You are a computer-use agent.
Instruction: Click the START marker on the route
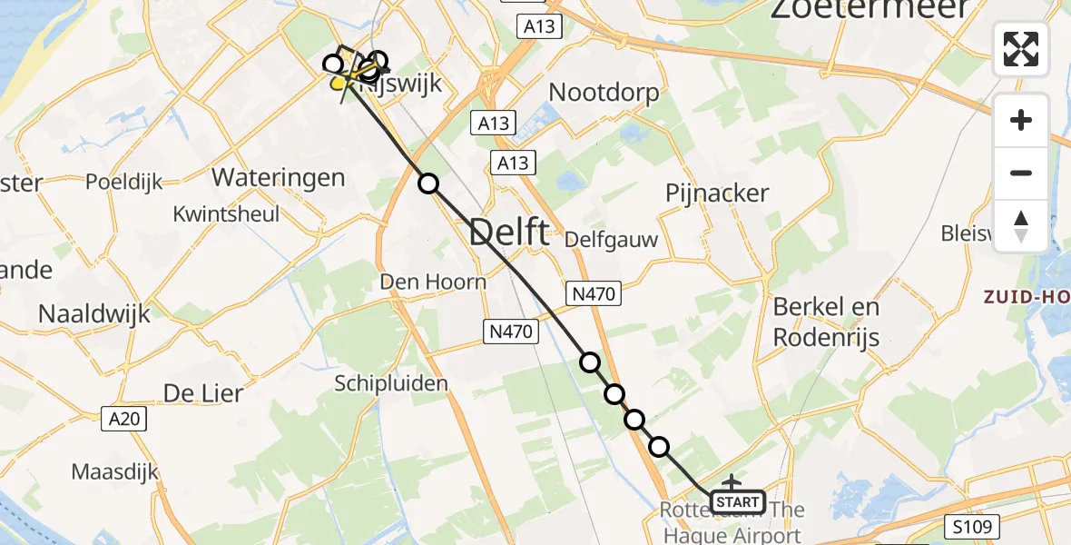point(737,502)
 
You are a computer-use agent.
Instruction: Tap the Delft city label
point(508,233)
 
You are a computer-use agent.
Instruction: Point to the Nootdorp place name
point(604,93)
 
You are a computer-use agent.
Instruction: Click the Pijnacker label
point(717,193)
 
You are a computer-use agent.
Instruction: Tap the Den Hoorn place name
point(432,282)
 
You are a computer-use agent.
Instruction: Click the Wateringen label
point(278,176)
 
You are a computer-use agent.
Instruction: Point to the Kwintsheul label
point(227,215)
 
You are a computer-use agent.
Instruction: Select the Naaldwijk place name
point(94,313)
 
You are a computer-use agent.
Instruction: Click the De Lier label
point(203,393)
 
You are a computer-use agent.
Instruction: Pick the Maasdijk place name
point(115,472)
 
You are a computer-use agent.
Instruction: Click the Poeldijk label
point(124,182)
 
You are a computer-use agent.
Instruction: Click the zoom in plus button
point(1021,120)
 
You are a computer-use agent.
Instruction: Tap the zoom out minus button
point(1021,173)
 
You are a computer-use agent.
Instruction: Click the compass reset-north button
point(1021,225)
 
